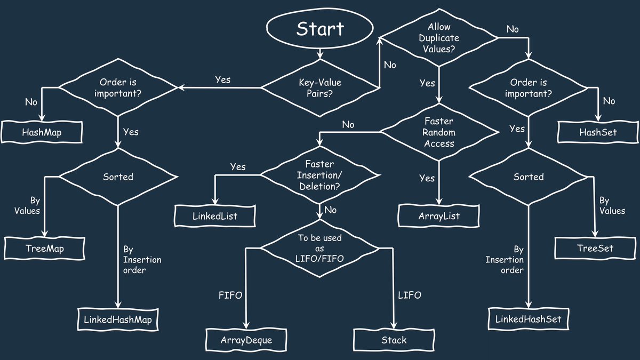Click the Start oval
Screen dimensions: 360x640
(320, 29)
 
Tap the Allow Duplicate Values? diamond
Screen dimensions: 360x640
(438, 38)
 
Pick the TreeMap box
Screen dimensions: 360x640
(45, 248)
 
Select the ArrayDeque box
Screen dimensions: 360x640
(247, 339)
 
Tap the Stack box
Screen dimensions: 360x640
(394, 339)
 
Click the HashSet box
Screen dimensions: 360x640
(598, 132)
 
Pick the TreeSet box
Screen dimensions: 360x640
(595, 248)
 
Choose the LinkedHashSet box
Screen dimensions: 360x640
(529, 319)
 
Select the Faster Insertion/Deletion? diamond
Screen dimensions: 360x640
(320, 176)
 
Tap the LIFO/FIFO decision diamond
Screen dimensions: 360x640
(319, 248)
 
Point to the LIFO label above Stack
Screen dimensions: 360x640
(410, 295)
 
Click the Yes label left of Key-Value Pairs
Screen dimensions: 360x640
(222, 79)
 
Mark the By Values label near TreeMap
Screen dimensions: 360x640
(27, 205)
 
